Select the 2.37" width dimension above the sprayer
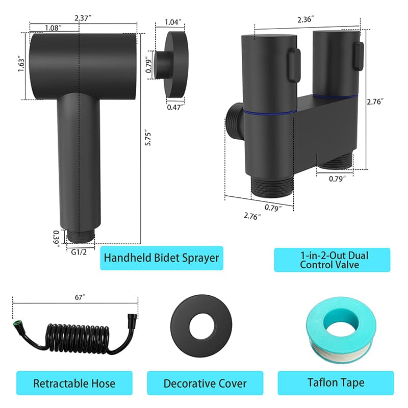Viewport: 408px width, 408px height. pos(83,18)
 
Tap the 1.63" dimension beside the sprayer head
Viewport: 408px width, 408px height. pos(21,64)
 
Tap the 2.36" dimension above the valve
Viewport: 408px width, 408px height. pos(306,19)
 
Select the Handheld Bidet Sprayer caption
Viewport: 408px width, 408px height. pos(161,258)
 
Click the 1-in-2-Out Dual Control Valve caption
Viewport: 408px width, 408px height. pos(332,260)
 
